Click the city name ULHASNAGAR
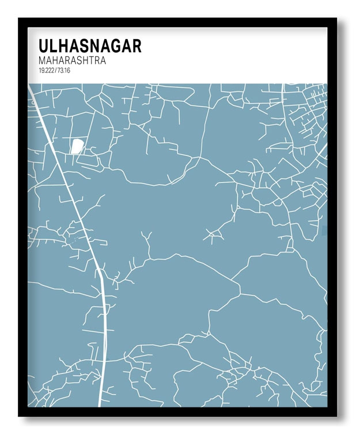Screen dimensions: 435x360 coord(89,46)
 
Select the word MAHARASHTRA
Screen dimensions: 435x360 coord(72,60)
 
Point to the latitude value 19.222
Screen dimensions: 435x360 coord(46,70)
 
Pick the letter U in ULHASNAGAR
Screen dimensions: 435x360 coord(44,46)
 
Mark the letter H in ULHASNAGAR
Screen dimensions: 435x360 coord(64,46)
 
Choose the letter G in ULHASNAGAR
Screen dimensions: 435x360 coord(114,46)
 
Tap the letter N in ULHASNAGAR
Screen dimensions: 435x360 coord(94,46)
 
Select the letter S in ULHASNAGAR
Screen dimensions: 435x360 coord(84,46)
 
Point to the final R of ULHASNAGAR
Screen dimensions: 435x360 coord(136,46)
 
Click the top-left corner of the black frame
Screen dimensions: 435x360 coord(19,19)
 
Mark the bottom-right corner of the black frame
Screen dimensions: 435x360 coord(336,415)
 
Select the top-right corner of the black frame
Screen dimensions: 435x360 coord(336,19)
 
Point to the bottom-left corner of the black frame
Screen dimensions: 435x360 coord(19,415)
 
